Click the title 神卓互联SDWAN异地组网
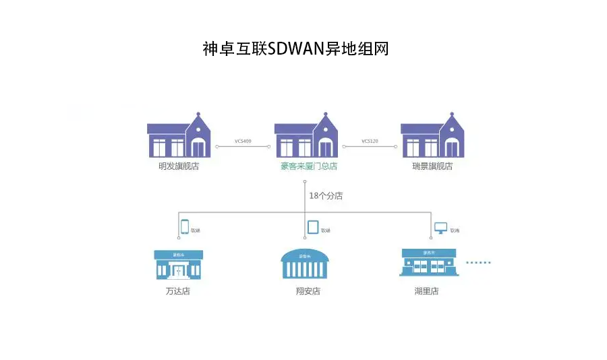295,49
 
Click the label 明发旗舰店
179,166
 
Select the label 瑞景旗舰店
432,166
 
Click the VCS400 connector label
243,141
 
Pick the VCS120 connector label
370,141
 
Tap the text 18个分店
326,196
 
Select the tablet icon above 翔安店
313,227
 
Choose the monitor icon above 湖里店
440,227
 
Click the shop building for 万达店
178,264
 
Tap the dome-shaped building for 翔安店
305,264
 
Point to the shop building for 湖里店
428,262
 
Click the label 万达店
177,291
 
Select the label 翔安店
308,291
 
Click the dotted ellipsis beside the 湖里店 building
479,262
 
